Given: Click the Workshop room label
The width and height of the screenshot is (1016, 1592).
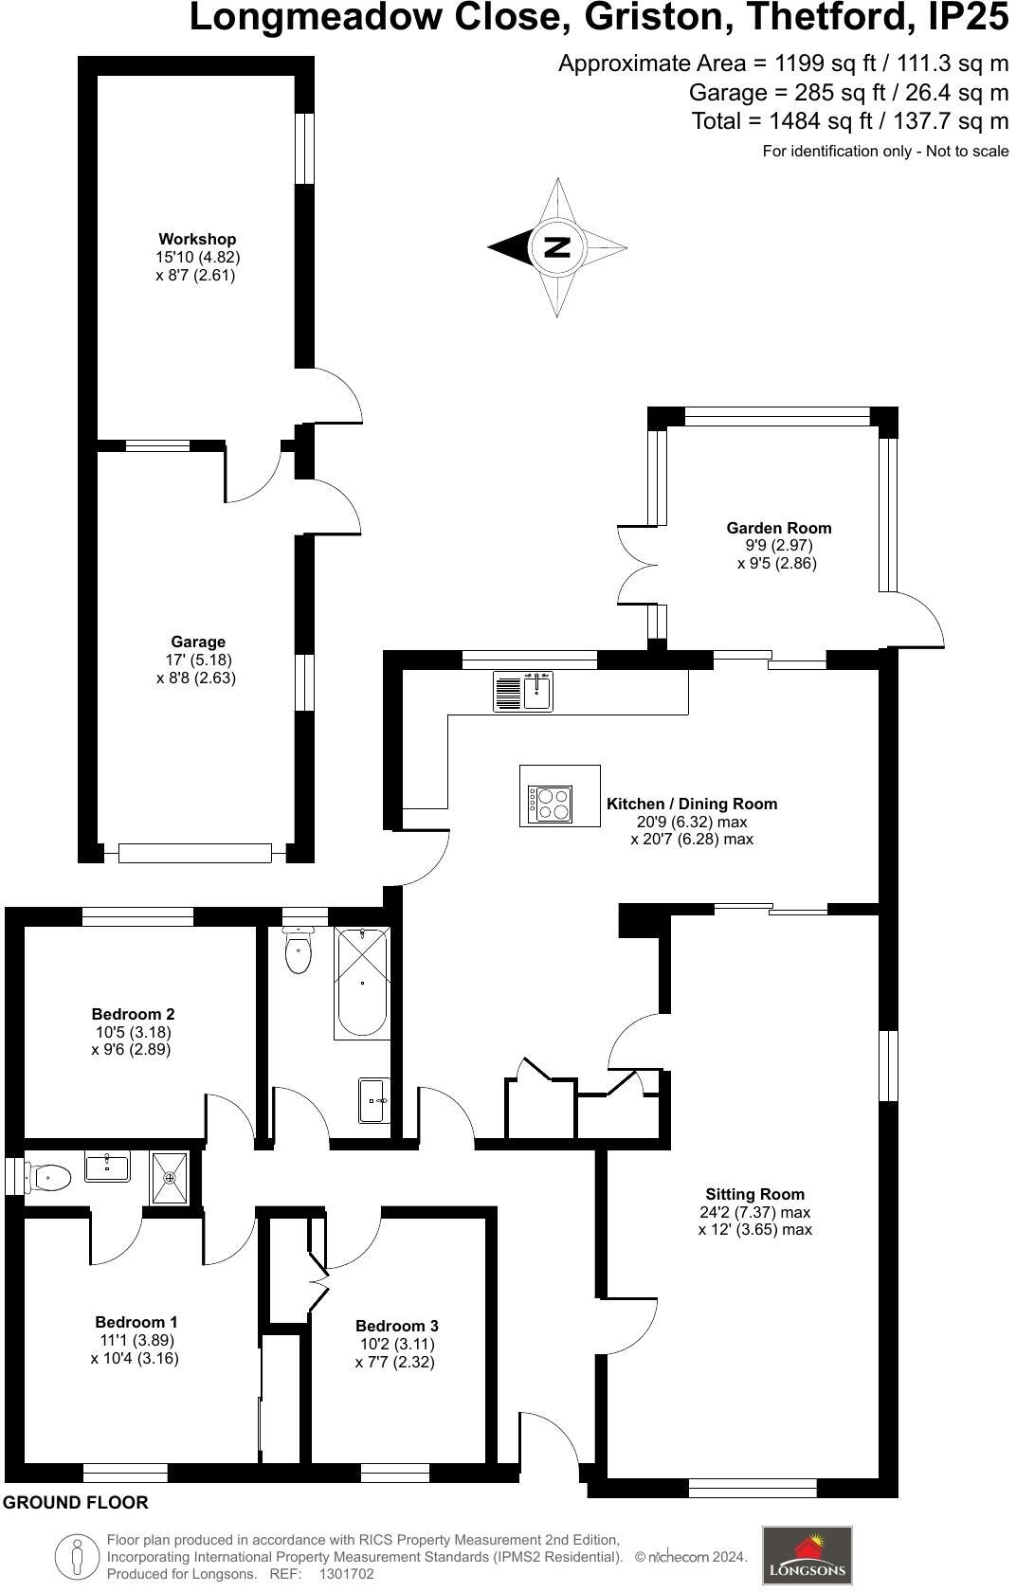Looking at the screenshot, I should (x=197, y=239).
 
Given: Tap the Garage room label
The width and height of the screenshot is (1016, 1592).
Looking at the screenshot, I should (x=198, y=642).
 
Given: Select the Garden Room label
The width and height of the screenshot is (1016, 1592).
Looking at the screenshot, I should (x=779, y=528).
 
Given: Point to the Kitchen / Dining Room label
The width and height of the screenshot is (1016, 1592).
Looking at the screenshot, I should (x=692, y=804).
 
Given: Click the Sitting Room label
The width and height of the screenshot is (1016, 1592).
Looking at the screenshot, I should (x=754, y=1194).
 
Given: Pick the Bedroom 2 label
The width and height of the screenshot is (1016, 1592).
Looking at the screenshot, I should (x=133, y=1014).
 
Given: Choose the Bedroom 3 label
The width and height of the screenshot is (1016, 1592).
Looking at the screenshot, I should (x=396, y=1326).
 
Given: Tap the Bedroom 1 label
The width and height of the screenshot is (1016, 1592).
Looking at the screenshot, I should (x=136, y=1322).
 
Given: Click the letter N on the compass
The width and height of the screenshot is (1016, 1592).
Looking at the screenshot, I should (x=556, y=247).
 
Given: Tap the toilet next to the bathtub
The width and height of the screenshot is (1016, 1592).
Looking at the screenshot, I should (x=298, y=950).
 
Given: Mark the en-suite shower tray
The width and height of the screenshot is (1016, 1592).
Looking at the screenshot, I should (x=170, y=1178).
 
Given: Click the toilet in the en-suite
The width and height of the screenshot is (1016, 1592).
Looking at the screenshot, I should (x=47, y=1178).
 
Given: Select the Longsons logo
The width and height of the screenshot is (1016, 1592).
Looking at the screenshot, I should (x=807, y=1555).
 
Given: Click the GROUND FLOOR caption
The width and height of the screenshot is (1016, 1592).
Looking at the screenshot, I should (x=76, y=1502).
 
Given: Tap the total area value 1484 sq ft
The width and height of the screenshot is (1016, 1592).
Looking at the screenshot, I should (x=812, y=121).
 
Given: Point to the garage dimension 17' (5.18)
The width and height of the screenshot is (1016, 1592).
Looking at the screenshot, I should (x=198, y=660).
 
